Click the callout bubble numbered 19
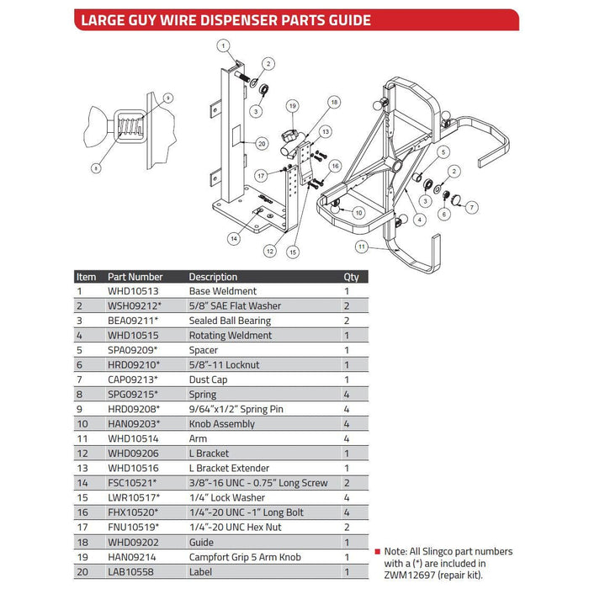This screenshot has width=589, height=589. (x=292, y=106)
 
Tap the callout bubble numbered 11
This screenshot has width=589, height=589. (x=363, y=247)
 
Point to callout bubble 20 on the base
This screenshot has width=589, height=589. (x=262, y=144)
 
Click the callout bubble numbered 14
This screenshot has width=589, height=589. (x=233, y=238)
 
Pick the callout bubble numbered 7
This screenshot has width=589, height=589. (x=472, y=206)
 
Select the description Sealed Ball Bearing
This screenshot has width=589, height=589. (x=230, y=321)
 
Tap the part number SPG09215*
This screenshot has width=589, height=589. (x=133, y=394)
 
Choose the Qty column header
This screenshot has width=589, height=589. (x=351, y=276)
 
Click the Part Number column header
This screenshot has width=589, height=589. (x=135, y=276)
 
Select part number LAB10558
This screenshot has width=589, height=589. (x=130, y=571)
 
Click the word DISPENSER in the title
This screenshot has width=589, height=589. (x=235, y=20)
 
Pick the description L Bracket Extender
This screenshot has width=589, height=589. (x=229, y=468)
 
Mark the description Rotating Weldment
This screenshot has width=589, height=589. (x=230, y=335)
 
